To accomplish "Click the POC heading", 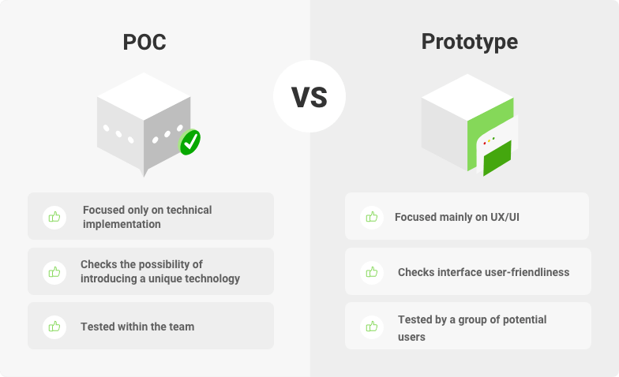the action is (144, 42).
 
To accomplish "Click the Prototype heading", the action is (469, 42).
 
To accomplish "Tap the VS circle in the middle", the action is (309, 96).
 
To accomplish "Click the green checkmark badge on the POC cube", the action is (189, 142).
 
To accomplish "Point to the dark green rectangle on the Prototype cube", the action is (497, 158).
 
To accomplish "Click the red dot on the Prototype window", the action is (485, 144).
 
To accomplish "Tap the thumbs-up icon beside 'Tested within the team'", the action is (54, 327).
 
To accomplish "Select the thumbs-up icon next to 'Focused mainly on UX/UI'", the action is (372, 217).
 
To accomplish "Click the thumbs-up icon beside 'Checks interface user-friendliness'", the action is (372, 272).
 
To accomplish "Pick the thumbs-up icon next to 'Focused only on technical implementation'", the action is (54, 217).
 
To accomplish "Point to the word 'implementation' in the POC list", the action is (122, 224).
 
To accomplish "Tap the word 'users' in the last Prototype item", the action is (411, 338).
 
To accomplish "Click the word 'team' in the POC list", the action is (182, 327).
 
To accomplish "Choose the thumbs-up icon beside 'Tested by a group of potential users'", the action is (372, 327).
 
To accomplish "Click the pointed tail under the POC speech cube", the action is (144, 174).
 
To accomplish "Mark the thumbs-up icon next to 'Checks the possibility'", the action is (54, 272).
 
